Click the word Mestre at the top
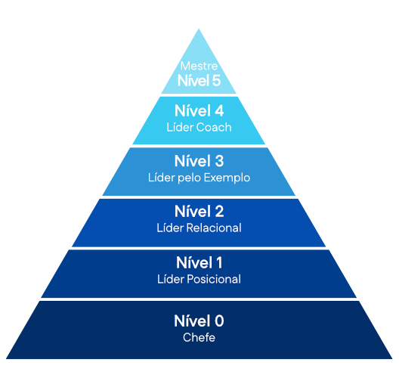[199, 67]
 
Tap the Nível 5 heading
[199, 80]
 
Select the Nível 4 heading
[199, 111]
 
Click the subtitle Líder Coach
[199, 127]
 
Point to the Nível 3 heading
[199, 161]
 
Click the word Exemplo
[227, 178]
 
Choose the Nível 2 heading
[199, 212]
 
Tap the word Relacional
[214, 228]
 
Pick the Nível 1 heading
[199, 262]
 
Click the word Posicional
[214, 279]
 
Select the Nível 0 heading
[199, 321]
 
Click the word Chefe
[199, 338]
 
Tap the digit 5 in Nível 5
[216, 81]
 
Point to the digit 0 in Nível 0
[219, 321]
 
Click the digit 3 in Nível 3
[219, 161]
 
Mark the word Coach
[214, 127]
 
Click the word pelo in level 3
[190, 178]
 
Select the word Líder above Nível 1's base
[171, 279]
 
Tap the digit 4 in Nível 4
[219, 111]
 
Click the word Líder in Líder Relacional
[170, 228]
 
